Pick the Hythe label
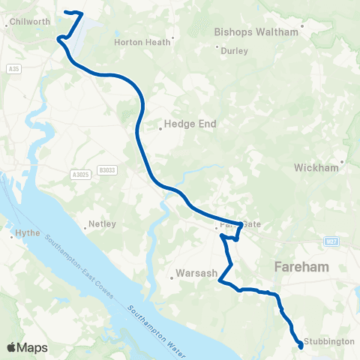[28, 234]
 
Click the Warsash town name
[195, 273]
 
